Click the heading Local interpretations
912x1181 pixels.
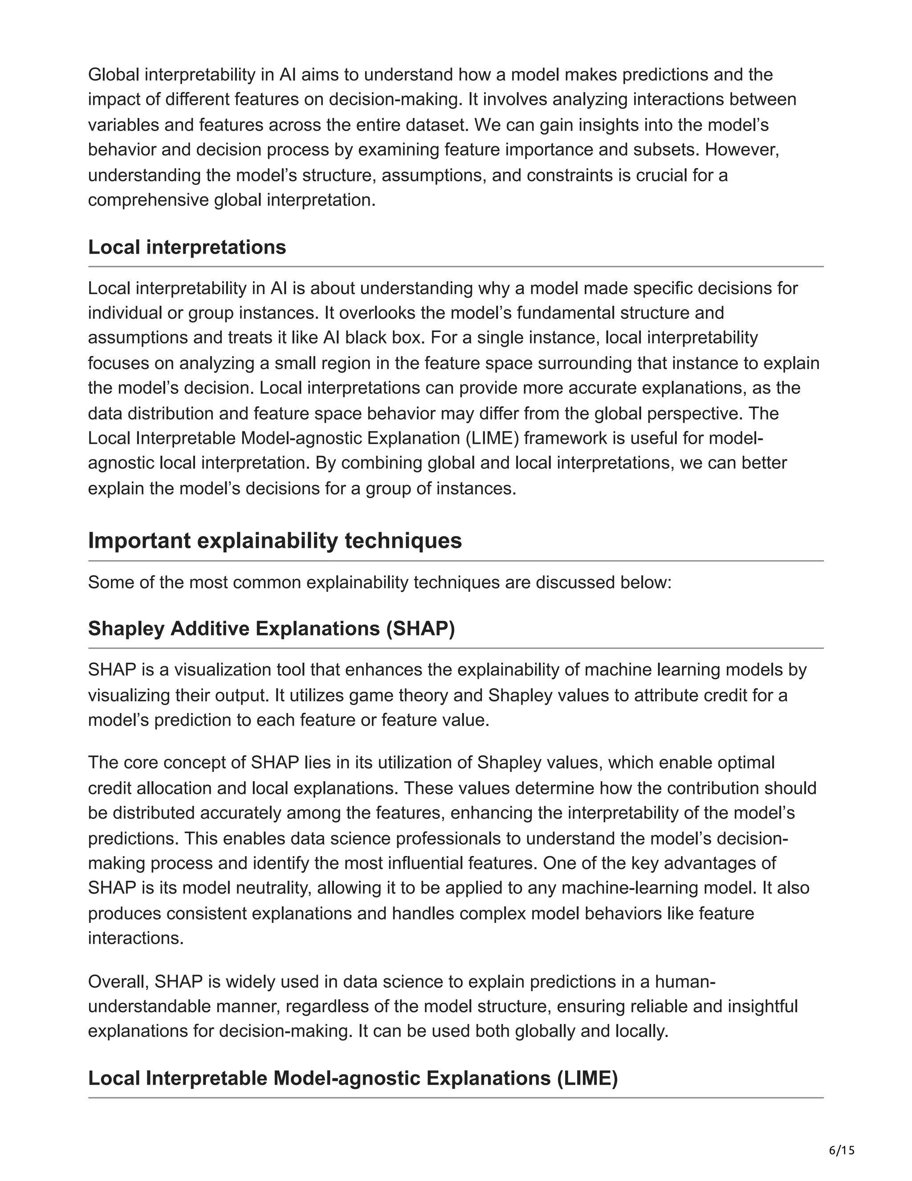187,247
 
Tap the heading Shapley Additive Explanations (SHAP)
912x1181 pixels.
271,628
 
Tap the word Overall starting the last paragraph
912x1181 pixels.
118,981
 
